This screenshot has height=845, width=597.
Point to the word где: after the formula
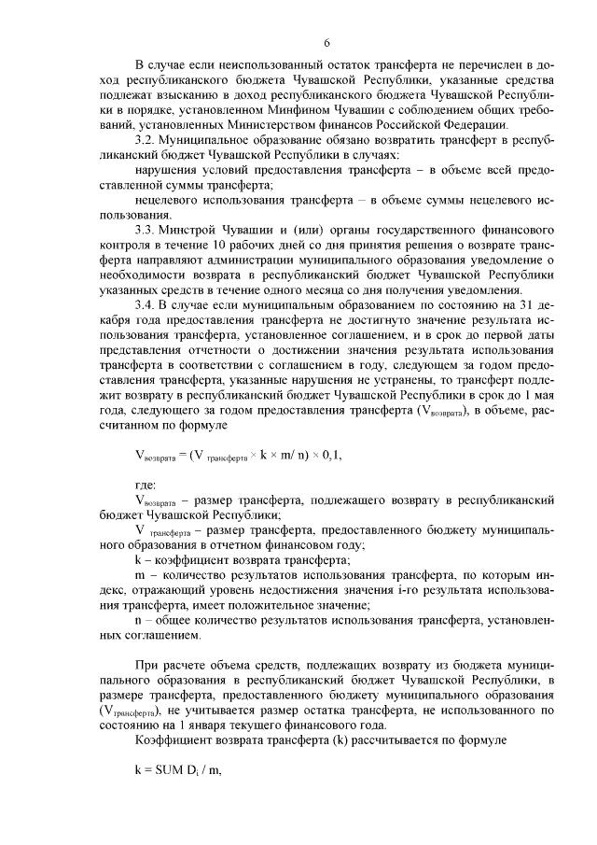[146, 486]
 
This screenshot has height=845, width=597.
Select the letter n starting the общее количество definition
[138, 620]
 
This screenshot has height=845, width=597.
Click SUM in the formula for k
[170, 782]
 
